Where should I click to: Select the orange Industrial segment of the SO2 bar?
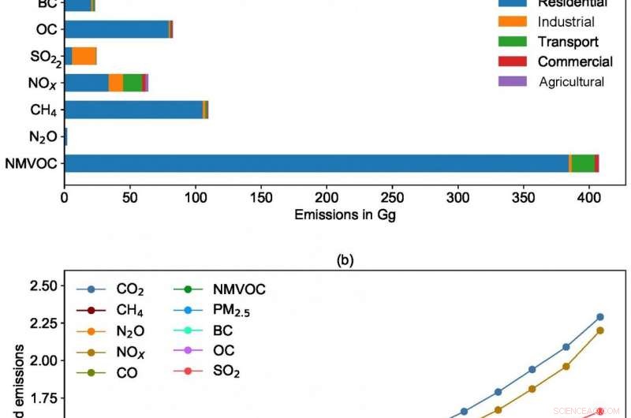(84, 56)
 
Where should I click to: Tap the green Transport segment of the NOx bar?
(133, 82)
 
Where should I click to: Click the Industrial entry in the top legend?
(566, 22)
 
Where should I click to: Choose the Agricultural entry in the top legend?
(571, 81)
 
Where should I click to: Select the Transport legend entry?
(567, 42)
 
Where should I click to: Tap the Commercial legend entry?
(574, 62)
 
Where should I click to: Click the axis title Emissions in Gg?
(344, 215)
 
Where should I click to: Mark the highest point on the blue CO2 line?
(599, 316)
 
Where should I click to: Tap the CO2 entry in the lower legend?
(129, 290)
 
